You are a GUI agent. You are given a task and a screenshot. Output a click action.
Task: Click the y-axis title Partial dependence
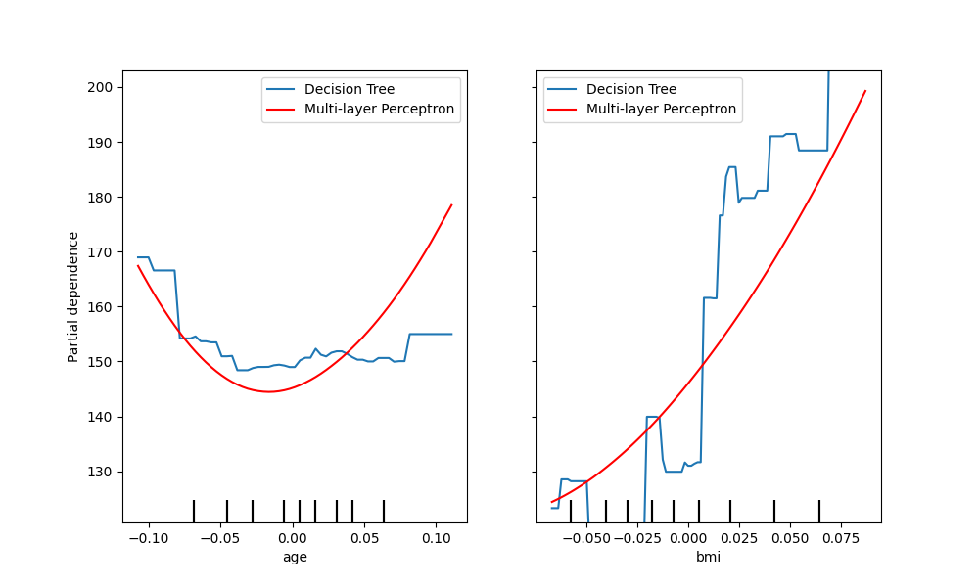[x=73, y=296]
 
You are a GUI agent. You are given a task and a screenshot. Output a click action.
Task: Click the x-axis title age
[x=294, y=557]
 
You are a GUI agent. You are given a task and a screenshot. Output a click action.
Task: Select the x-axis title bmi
[x=708, y=557]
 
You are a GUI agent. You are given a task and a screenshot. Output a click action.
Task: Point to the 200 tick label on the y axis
[x=99, y=87]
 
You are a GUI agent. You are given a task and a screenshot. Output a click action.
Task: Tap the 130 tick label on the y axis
[x=99, y=472]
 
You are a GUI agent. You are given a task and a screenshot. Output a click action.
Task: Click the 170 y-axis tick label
[x=99, y=252]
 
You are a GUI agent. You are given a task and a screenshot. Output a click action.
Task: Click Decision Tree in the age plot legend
[x=350, y=90]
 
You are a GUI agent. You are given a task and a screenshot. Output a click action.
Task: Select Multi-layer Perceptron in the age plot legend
[x=379, y=110]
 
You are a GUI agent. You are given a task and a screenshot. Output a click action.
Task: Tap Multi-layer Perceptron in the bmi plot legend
[x=661, y=110]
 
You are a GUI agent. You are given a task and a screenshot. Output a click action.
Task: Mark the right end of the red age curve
[x=451, y=204]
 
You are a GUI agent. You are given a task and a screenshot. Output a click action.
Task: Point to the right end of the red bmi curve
[x=865, y=91]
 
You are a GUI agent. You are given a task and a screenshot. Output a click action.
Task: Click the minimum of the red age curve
[x=268, y=391]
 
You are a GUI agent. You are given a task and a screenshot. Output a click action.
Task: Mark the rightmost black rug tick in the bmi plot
[x=819, y=511]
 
